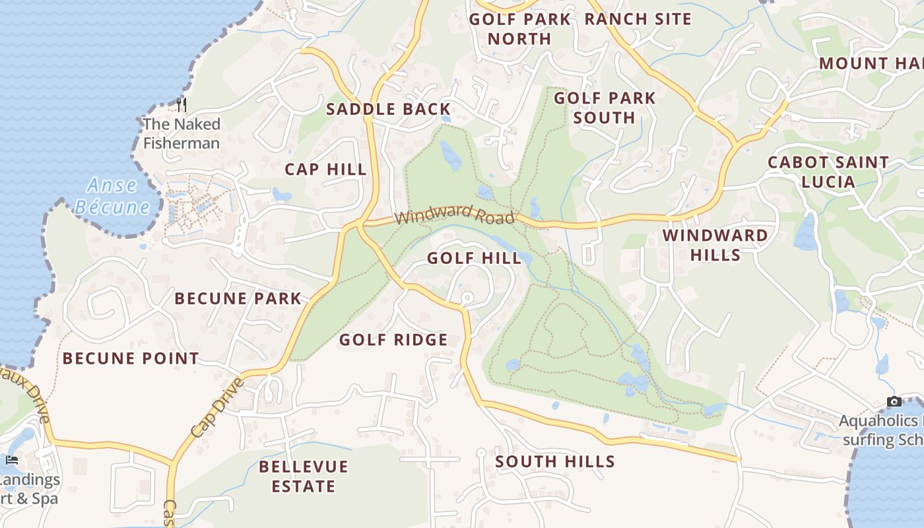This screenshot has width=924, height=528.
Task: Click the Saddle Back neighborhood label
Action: click(x=388, y=110)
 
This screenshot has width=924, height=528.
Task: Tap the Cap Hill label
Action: click(x=325, y=170)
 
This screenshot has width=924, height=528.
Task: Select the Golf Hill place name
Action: click(x=474, y=258)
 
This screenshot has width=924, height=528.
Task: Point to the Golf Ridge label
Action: click(x=393, y=340)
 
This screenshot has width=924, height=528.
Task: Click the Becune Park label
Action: click(x=238, y=298)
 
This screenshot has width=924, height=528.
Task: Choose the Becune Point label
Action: click(x=131, y=359)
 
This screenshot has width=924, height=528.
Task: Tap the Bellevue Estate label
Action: click(x=303, y=477)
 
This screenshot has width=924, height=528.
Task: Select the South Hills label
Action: click(x=554, y=461)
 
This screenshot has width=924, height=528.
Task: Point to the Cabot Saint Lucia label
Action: click(x=828, y=172)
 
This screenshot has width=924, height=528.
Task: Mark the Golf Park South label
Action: click(x=604, y=108)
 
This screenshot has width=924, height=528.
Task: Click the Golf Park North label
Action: click(x=519, y=29)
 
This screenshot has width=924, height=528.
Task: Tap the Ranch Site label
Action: click(x=638, y=19)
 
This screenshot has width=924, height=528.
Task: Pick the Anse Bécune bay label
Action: click(x=112, y=196)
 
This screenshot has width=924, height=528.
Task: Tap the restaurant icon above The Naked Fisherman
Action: click(x=181, y=104)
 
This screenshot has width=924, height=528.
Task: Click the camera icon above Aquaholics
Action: click(x=894, y=401)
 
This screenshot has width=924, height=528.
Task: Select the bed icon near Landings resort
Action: click(x=12, y=459)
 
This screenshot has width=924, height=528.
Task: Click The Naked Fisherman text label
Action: click(x=181, y=133)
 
